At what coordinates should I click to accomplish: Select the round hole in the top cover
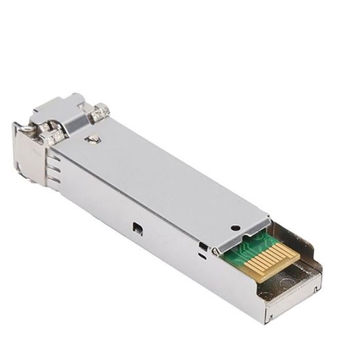[x=234, y=228]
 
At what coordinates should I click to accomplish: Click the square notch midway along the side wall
[x=137, y=228]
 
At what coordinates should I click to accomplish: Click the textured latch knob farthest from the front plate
[x=98, y=112]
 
